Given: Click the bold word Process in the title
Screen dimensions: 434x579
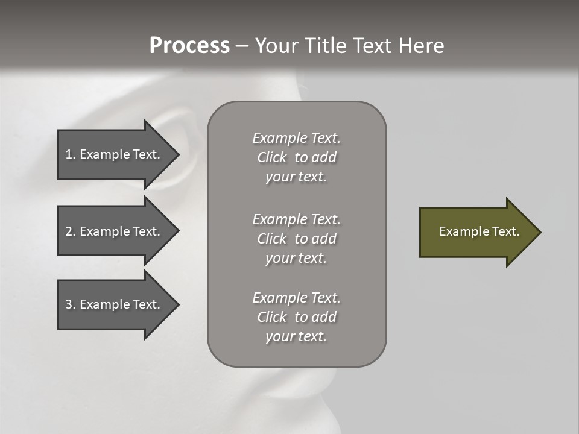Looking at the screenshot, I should point(189,46).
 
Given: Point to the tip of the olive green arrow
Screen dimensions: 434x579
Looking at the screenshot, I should point(539,232).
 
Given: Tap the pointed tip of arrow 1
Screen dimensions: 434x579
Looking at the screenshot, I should point(177,154).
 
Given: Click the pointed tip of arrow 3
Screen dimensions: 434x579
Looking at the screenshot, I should point(177,304).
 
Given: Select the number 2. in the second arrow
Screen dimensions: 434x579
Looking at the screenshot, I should point(71,231).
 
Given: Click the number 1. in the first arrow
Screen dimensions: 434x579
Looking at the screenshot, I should point(71,154).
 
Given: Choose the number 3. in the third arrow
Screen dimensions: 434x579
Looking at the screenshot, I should point(71,304).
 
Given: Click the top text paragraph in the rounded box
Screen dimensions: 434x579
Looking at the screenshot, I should point(296,157).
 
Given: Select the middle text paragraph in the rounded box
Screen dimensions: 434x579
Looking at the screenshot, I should point(296,239).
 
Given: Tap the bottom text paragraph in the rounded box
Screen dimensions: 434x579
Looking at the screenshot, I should point(296,317).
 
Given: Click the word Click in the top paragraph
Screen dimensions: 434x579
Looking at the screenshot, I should point(272,157).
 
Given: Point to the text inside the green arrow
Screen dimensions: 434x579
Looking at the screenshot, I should point(479,231).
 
